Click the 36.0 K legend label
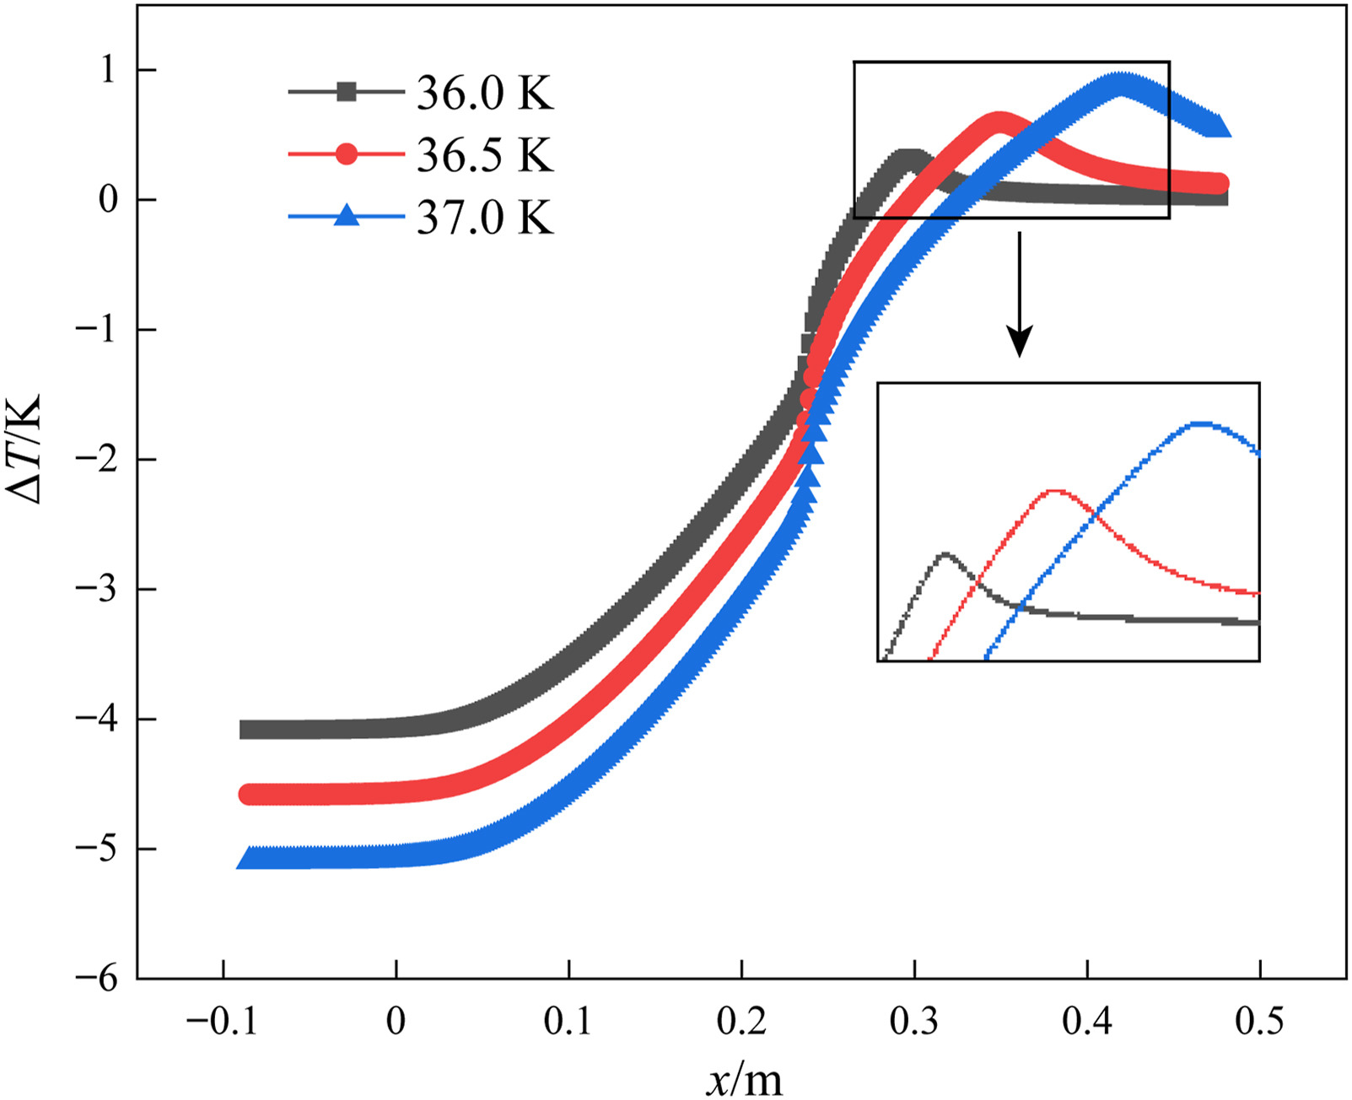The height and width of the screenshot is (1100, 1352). (485, 93)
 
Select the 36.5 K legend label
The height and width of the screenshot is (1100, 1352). (485, 155)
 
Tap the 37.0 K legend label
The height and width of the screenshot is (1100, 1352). (485, 218)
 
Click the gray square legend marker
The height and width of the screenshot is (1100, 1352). (347, 92)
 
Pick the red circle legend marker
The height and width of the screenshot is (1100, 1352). (347, 154)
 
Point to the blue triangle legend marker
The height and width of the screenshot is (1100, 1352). (347, 216)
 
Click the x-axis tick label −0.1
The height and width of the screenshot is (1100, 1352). (222, 1022)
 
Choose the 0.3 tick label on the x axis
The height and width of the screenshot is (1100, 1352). (913, 1022)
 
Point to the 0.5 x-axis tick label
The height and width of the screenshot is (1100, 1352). (1259, 1022)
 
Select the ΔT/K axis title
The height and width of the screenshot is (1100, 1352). (25, 449)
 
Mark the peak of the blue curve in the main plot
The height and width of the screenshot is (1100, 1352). (1120, 83)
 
